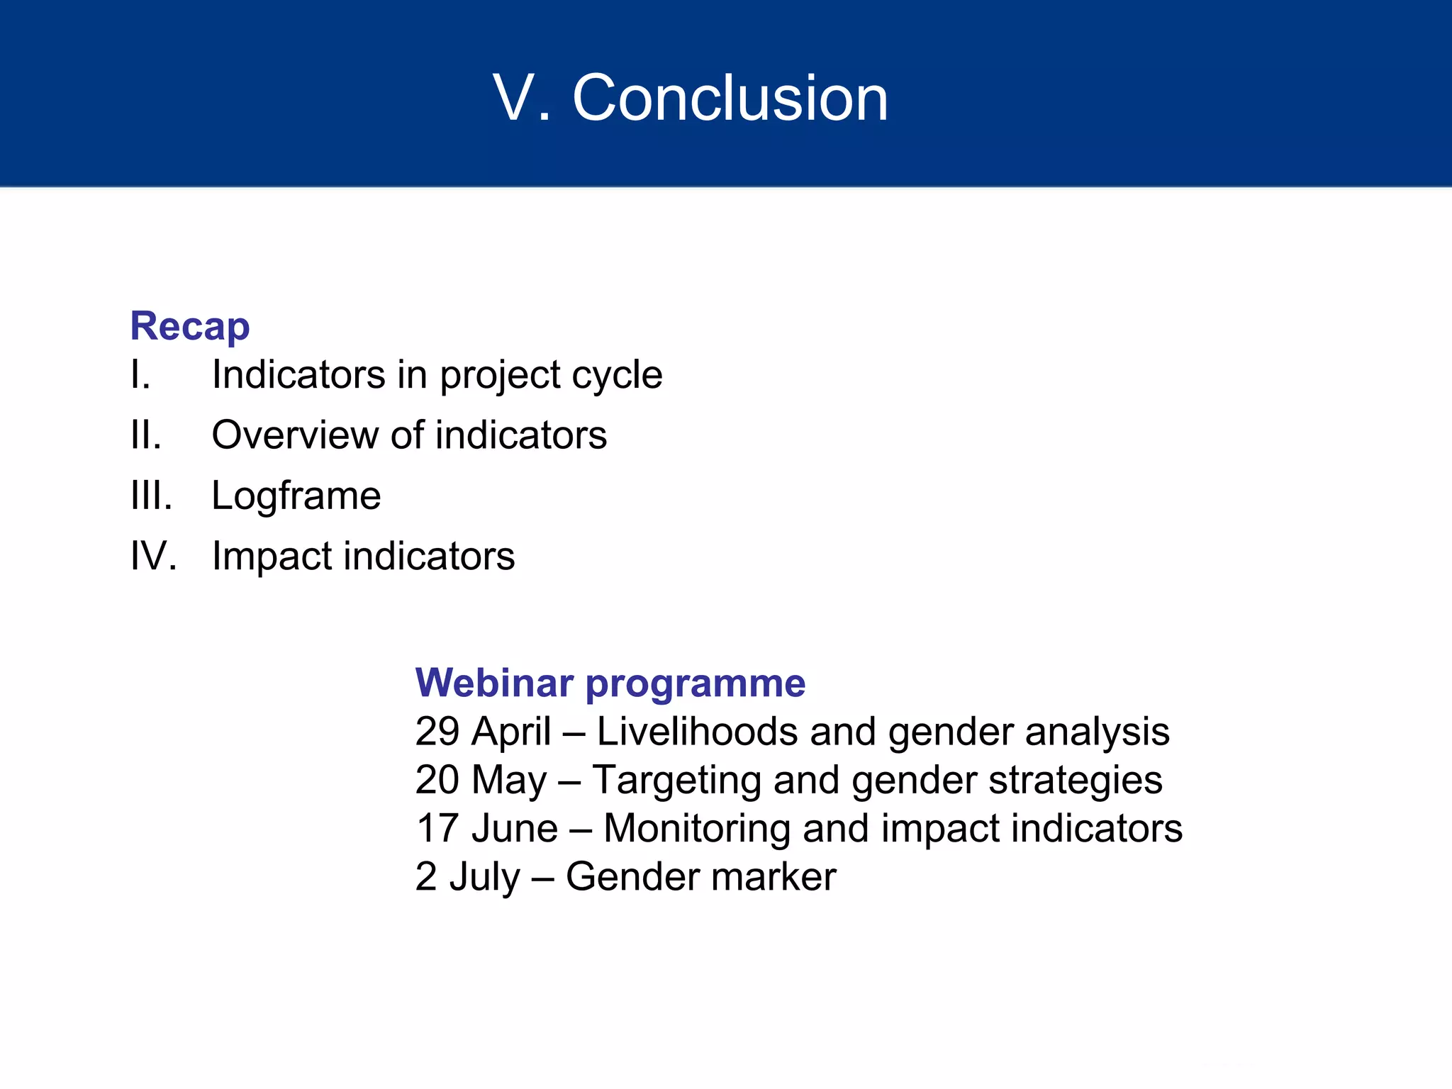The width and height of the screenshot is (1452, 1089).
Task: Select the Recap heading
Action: pos(190,326)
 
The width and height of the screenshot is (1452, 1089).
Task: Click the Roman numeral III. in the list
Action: pos(151,495)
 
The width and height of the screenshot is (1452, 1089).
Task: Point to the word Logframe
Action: pos(296,496)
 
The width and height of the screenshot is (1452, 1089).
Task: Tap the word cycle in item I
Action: pos(616,376)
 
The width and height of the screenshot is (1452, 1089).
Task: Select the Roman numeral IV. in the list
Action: pos(153,555)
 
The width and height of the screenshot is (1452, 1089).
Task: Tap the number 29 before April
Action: pos(438,731)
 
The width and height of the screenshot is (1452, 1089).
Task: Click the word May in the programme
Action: pos(509,781)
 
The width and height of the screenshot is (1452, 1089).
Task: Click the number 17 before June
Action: pos(437,828)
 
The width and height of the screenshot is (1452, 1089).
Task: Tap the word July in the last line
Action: pos(485,877)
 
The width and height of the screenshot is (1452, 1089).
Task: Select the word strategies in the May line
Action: pos(1075,781)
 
